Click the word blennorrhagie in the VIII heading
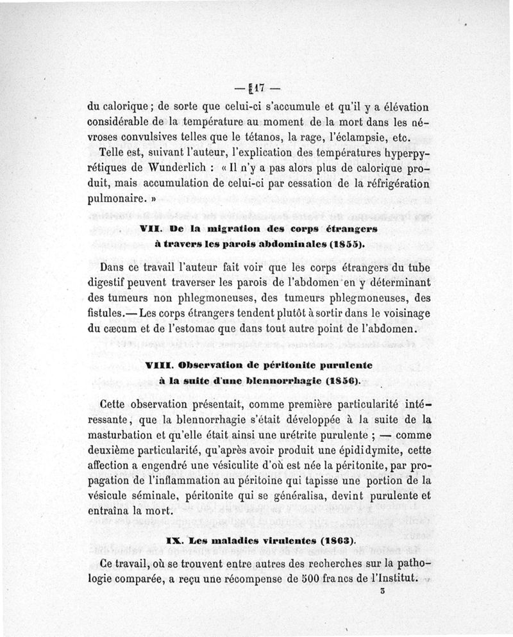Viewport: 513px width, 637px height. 280,380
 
